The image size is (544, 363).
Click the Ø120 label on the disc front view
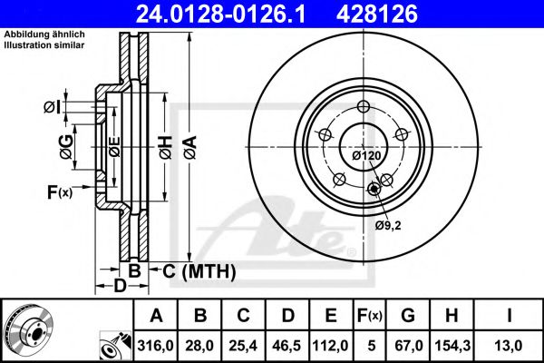coord(365,155)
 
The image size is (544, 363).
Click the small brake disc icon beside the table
coord(28,329)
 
